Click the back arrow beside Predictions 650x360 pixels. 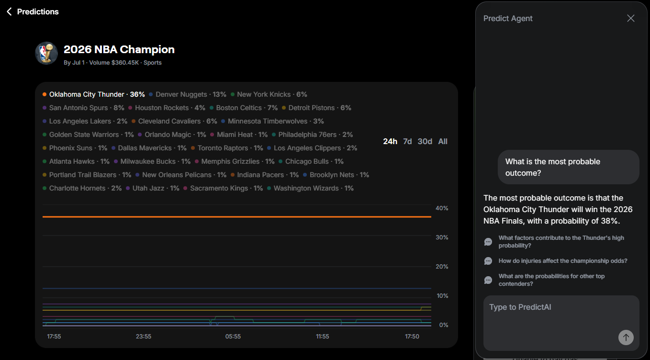point(9,11)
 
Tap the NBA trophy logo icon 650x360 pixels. point(46,53)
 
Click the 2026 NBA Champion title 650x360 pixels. point(119,49)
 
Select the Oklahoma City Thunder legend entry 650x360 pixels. point(93,94)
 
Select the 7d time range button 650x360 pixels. point(407,141)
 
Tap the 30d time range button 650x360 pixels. point(425,141)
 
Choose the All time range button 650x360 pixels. point(443,141)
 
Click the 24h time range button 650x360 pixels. point(390,141)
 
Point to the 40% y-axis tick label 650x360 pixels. point(442,208)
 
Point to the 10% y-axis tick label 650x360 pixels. point(442,296)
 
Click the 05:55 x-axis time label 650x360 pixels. point(233,337)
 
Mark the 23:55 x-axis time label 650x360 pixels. point(144,337)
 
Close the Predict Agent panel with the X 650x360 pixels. point(631,18)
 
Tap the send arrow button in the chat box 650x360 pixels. point(626,337)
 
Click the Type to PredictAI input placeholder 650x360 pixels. point(520,307)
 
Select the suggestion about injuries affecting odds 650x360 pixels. point(562,261)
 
